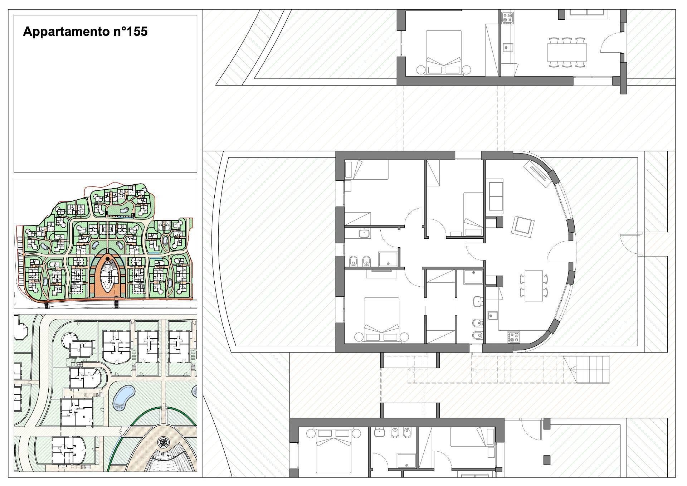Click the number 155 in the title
click(x=137, y=31)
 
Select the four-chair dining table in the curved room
click(x=533, y=286)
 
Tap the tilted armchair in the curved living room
click(x=523, y=225)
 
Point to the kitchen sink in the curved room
click(x=492, y=315)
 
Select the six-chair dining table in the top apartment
click(x=567, y=52)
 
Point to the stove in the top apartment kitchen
click(x=507, y=18)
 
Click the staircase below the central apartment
click(x=587, y=369)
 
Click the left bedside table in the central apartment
click(x=359, y=337)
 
